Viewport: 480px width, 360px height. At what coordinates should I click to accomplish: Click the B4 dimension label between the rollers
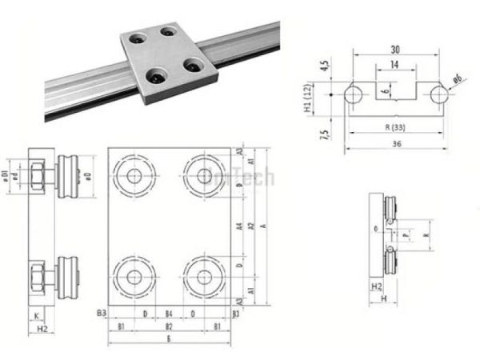coord(168,314)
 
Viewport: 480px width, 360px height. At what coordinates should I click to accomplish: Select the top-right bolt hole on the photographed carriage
coord(169,34)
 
